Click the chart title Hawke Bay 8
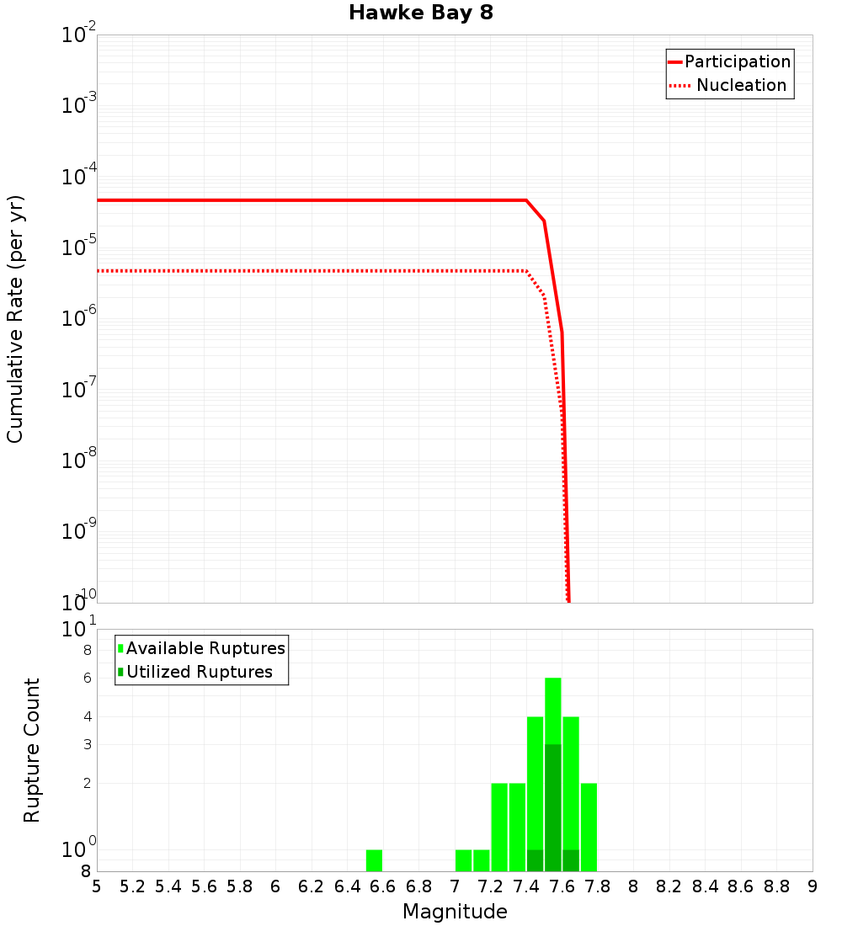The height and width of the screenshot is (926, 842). click(420, 13)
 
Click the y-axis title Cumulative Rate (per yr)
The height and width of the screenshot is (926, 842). click(15, 319)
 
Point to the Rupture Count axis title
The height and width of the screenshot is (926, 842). click(32, 750)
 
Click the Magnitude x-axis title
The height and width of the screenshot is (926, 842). click(455, 912)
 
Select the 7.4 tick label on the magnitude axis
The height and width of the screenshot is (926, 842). click(526, 886)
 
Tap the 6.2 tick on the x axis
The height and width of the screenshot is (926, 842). click(312, 886)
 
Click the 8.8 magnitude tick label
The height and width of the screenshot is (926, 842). click(776, 886)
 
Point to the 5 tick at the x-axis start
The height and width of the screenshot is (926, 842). click(97, 886)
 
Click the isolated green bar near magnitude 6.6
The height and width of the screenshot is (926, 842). click(374, 860)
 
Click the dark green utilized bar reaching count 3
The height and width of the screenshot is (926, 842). click(553, 808)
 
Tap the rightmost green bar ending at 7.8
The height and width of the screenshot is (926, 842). click(589, 827)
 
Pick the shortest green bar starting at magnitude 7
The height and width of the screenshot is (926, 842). click(463, 860)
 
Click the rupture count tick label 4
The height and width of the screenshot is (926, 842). click(86, 717)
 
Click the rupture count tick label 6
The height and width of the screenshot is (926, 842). click(86, 679)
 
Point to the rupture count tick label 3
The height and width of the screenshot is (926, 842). click(86, 744)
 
